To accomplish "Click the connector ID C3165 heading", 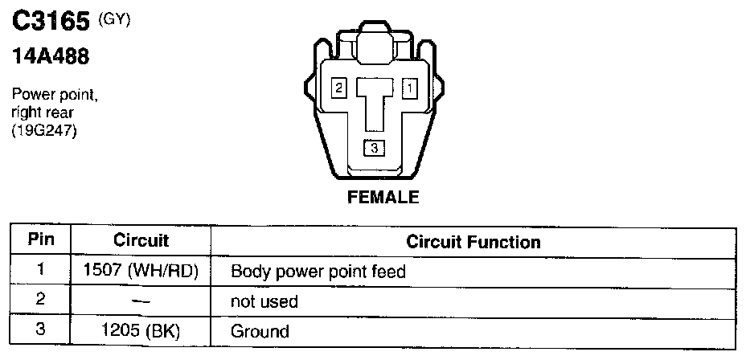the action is (x=49, y=21).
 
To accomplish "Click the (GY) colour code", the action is (x=113, y=19).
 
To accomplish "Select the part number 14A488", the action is (x=49, y=58).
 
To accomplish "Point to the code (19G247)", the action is (x=44, y=133).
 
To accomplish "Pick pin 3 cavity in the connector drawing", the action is (x=374, y=148).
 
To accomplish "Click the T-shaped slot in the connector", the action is (x=375, y=100).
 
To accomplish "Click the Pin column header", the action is (x=40, y=240).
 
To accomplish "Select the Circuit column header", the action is (x=141, y=240).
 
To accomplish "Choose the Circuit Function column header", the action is (x=473, y=241).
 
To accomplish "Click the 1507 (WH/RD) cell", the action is (x=141, y=272).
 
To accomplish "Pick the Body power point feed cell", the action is (x=318, y=272).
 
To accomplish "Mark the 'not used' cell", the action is (x=264, y=302).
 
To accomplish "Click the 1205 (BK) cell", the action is (x=141, y=331).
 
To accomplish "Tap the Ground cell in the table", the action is (x=260, y=331).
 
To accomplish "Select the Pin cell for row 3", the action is (x=40, y=331).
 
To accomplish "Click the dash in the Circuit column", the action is (x=141, y=302).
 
